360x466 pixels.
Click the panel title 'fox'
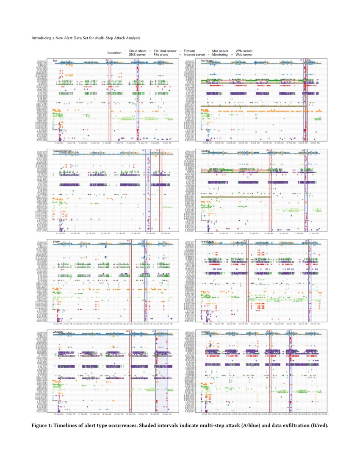click(x=55, y=61)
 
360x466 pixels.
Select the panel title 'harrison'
click(x=207, y=61)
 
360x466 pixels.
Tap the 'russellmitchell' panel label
click(x=64, y=151)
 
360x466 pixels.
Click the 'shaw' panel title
click(x=56, y=241)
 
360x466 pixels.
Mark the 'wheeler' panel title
click(x=58, y=332)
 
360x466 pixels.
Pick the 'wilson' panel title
click(x=206, y=332)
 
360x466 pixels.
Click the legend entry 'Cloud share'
click(x=137, y=51)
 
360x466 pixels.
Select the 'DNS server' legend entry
click(x=137, y=55)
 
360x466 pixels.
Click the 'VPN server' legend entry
click(x=244, y=51)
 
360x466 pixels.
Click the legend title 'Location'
click(x=114, y=53)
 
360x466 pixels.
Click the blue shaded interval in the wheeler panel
click(x=162, y=373)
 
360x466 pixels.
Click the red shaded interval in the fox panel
click(x=109, y=102)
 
